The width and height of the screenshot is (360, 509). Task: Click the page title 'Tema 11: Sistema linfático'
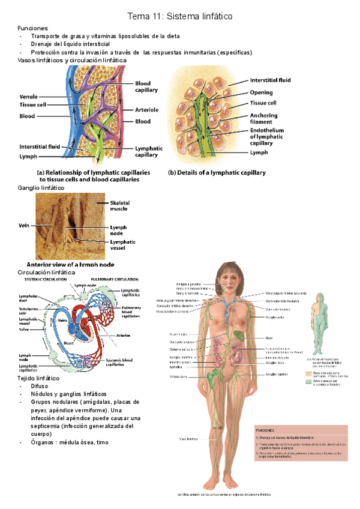[x=180, y=14]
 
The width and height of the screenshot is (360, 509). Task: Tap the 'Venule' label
[x=29, y=96]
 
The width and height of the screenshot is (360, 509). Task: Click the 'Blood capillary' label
[x=146, y=86]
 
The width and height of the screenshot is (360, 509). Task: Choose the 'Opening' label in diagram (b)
[x=262, y=92]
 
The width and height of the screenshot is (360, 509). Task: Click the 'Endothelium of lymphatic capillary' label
[x=268, y=137]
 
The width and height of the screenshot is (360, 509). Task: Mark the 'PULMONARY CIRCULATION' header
[x=115, y=280]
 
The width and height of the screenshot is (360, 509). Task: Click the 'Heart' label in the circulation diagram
[x=69, y=342]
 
